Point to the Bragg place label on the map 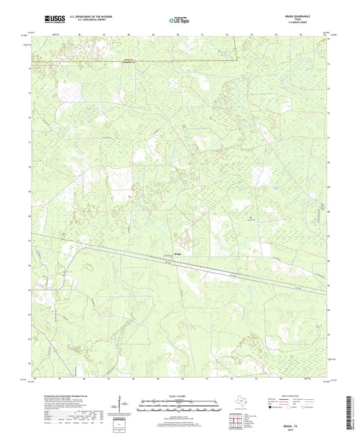coord(178,254)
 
